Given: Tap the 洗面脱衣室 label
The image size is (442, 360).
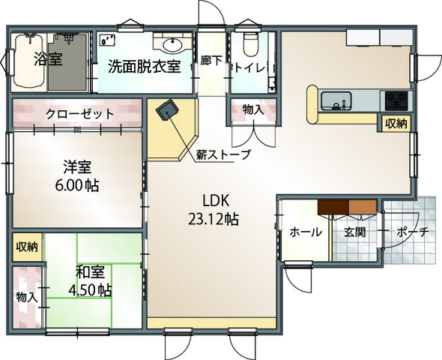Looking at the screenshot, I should [143, 66].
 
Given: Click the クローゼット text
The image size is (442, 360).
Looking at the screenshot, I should [79, 115].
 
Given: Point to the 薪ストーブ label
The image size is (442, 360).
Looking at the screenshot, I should [223, 155].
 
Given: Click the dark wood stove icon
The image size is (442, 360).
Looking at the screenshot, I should [166, 111].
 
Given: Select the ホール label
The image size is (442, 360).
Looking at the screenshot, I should [306, 232].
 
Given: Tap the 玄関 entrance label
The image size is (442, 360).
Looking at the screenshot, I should [354, 232].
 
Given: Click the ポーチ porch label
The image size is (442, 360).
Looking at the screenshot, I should [412, 232].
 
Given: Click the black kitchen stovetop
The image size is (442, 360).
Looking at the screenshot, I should [395, 99].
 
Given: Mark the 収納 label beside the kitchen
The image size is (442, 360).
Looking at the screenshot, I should [396, 123].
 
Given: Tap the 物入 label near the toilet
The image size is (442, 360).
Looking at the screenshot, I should [252, 109].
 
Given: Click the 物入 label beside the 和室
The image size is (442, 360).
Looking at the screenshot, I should [27, 297].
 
